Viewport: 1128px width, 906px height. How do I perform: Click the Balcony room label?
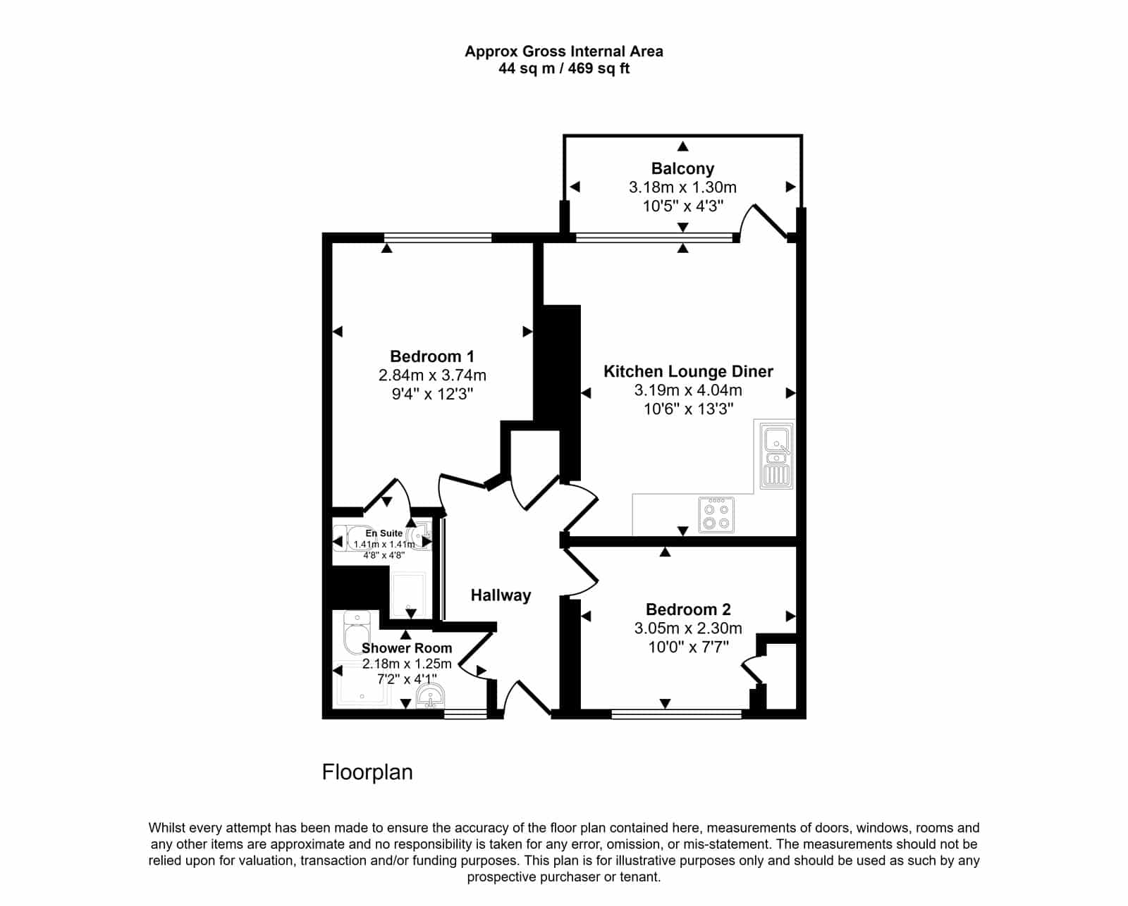pos(682,168)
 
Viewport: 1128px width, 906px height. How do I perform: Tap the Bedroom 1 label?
pos(432,356)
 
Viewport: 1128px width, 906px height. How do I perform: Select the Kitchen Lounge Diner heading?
pos(688,371)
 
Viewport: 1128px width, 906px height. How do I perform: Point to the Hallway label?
pos(501,595)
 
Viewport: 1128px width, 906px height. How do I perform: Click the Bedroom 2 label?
pos(688,609)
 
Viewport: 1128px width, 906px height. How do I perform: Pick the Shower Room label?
pos(407,648)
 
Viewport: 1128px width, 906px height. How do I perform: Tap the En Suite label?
pos(384,533)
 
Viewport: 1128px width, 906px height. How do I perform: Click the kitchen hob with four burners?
pos(716,515)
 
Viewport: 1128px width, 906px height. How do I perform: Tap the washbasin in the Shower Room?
pos(430,696)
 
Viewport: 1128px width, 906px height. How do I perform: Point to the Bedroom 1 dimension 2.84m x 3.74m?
pos(432,376)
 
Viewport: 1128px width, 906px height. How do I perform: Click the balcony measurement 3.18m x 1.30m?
pos(682,187)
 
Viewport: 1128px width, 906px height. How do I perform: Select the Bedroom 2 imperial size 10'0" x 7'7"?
pos(688,647)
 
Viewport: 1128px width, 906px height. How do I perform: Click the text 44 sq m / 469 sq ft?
pos(564,68)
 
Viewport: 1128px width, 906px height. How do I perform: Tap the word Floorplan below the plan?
pos(367,772)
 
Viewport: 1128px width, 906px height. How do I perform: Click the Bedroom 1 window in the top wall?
pos(438,238)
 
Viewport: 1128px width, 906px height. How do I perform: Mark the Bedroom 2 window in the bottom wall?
pos(676,714)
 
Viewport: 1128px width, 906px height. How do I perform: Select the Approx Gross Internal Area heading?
pos(564,51)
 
